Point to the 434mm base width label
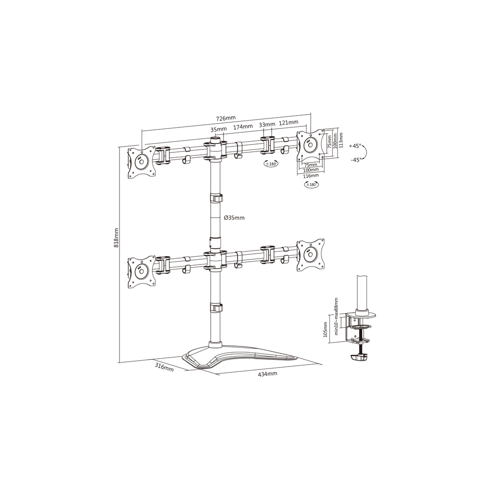(267, 374)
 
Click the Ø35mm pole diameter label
(234, 218)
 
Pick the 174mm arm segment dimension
(243, 126)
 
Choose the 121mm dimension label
(289, 122)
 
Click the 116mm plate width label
(311, 175)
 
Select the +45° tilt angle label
(355, 146)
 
